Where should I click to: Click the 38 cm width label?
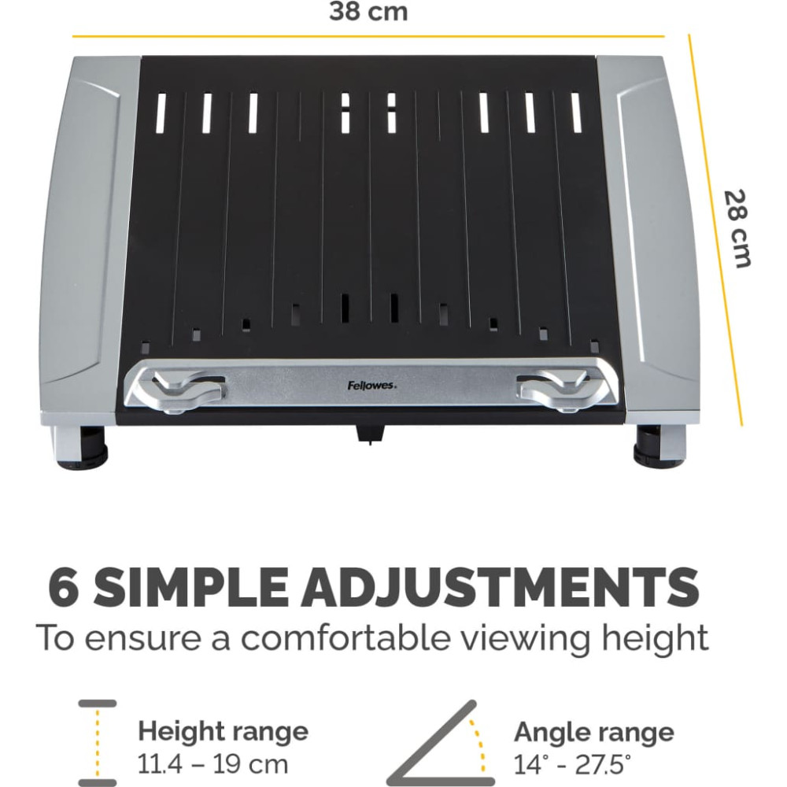(368, 12)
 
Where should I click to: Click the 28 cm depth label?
(737, 229)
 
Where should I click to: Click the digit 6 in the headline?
(64, 586)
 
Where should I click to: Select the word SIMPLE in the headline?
(190, 586)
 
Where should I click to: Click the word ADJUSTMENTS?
(500, 586)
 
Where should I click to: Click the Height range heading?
(223, 731)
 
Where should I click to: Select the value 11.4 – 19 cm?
(212, 764)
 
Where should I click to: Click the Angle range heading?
(593, 732)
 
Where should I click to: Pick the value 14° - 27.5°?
(572, 764)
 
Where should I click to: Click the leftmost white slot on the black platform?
(160, 113)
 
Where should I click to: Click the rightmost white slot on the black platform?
(576, 113)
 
